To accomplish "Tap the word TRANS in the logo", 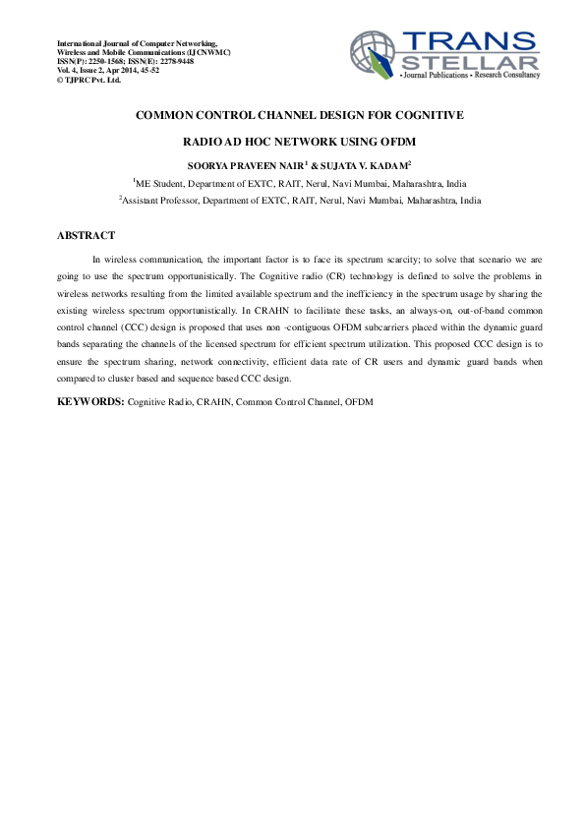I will pos(470,40).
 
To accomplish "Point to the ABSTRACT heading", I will pos(86,236).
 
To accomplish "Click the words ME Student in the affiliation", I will pos(157,183).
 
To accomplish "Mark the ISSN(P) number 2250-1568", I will pos(111,61).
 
